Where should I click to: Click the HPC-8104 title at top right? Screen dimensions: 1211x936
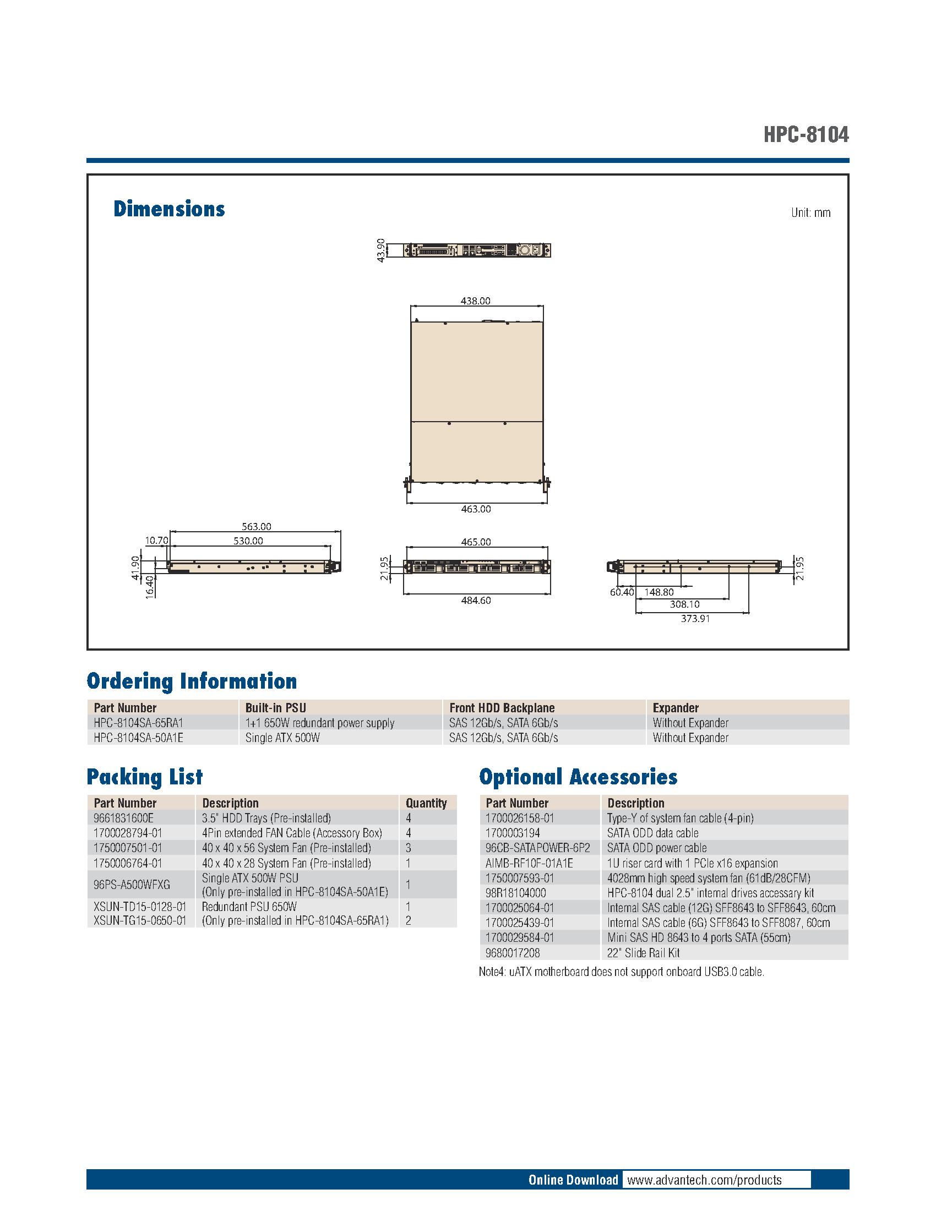(x=805, y=134)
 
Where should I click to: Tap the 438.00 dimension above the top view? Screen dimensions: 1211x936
(x=476, y=301)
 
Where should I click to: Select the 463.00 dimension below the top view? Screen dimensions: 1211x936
(x=476, y=509)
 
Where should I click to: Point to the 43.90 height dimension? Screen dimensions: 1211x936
(x=380, y=250)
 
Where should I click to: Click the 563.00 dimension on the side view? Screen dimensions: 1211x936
(x=256, y=526)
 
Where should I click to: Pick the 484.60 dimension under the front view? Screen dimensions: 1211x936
(x=476, y=600)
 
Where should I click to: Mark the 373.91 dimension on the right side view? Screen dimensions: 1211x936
(x=695, y=618)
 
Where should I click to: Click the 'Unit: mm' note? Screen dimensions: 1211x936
(x=810, y=213)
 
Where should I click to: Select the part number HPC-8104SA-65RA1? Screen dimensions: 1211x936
(x=138, y=723)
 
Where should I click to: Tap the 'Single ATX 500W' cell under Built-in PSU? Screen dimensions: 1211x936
(x=282, y=738)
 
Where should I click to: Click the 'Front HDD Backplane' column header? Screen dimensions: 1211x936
(x=502, y=707)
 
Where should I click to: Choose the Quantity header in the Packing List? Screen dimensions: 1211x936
(x=426, y=803)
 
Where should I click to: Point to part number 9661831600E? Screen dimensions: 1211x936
(x=124, y=818)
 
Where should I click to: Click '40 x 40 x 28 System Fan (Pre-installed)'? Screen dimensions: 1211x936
(x=286, y=863)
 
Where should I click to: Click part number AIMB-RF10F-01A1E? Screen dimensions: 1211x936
(x=529, y=863)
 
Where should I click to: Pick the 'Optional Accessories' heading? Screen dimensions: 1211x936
(x=578, y=777)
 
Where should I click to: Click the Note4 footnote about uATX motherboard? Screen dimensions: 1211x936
(x=621, y=972)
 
